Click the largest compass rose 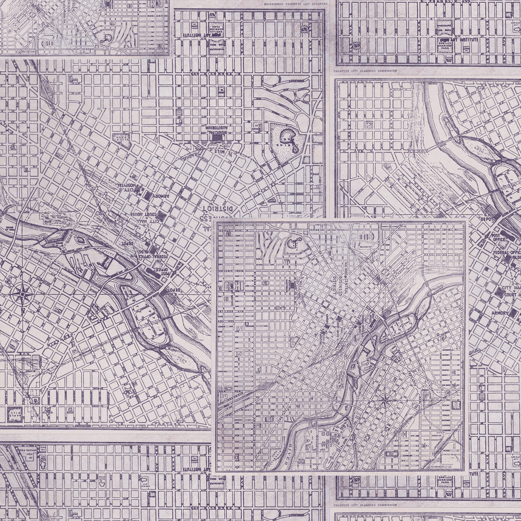tap(23, 294)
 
